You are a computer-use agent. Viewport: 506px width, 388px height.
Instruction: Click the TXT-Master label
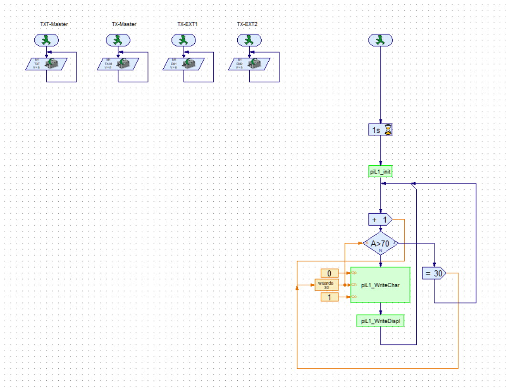coord(53,24)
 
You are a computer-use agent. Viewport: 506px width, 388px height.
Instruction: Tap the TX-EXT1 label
coord(187,24)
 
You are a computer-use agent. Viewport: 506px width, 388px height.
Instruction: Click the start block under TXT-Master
coord(46,41)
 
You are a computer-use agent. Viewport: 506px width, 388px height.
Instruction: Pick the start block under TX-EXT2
coord(249,41)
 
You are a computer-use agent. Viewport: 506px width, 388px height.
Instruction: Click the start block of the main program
coord(380,41)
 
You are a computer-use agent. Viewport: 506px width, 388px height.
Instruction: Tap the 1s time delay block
coord(380,129)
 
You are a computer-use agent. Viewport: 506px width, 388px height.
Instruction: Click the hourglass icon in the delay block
coord(388,129)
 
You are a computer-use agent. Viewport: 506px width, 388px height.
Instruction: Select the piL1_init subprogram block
coord(380,172)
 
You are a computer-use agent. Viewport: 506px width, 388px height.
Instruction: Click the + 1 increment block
coord(380,219)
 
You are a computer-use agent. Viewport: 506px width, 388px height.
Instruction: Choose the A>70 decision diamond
coord(380,244)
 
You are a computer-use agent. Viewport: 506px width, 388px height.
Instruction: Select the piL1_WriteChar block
coord(380,285)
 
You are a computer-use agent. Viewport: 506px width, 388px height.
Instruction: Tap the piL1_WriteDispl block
coord(380,321)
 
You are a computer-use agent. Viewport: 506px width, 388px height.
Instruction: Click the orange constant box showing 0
coord(329,273)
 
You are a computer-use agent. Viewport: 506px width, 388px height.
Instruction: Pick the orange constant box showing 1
coord(329,297)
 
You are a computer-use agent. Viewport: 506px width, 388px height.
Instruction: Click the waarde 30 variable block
coord(327,285)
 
